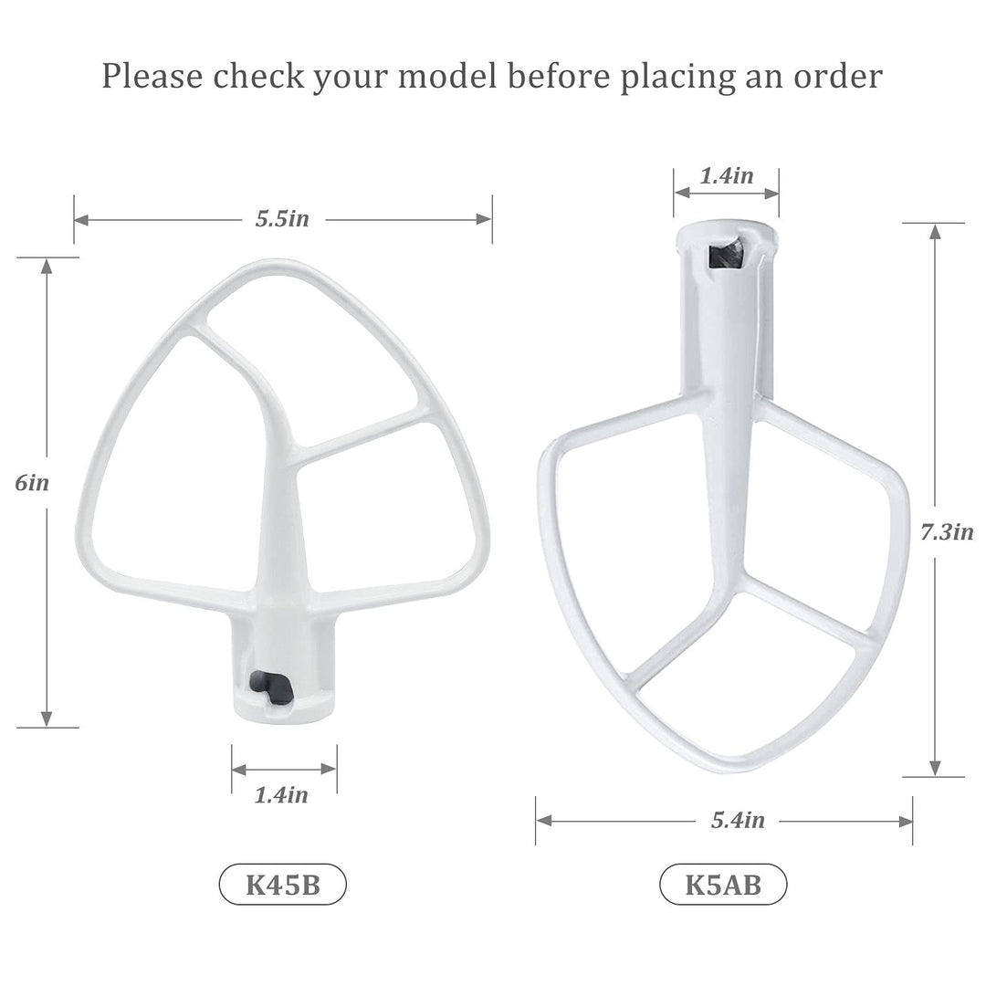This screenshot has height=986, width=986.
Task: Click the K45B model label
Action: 282,884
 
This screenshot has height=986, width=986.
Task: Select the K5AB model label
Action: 723,884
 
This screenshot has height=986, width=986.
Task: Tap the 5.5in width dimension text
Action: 282,219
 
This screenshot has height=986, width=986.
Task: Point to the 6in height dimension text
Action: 32,482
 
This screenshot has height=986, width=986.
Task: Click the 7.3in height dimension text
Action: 947,532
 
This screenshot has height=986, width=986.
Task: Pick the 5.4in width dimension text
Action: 739,820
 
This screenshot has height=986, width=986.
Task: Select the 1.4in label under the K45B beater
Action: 281,795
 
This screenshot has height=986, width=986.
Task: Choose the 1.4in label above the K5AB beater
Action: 727,175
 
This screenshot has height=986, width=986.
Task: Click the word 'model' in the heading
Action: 447,76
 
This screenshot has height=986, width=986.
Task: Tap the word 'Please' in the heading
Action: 152,76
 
